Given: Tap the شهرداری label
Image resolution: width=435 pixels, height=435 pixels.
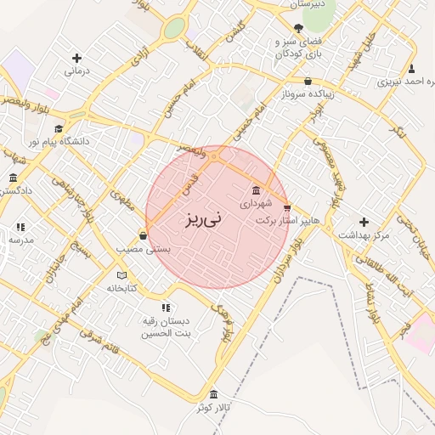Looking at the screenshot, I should (256, 204).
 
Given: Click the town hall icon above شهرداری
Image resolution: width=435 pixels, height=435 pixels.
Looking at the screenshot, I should (257, 190).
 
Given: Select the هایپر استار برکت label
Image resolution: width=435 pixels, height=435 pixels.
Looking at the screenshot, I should (288, 220).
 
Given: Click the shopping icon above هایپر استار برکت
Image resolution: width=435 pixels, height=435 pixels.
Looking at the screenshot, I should (286, 207).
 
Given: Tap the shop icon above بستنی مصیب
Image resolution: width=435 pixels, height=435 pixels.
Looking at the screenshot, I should (142, 235).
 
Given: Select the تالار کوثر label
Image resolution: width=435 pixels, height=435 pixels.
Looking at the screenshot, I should (213, 409).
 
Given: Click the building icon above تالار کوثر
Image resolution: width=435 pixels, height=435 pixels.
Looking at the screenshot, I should (212, 395).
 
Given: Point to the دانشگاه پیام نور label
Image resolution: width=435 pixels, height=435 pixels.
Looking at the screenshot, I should (59, 142).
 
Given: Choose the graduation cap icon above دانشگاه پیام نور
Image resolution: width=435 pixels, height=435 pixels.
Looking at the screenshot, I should (58, 128).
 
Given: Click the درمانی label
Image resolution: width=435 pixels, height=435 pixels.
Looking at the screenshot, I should (77, 72).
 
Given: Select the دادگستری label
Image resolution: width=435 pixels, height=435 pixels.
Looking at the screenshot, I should (14, 191).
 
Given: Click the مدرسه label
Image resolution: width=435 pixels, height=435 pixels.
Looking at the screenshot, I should (21, 240).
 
